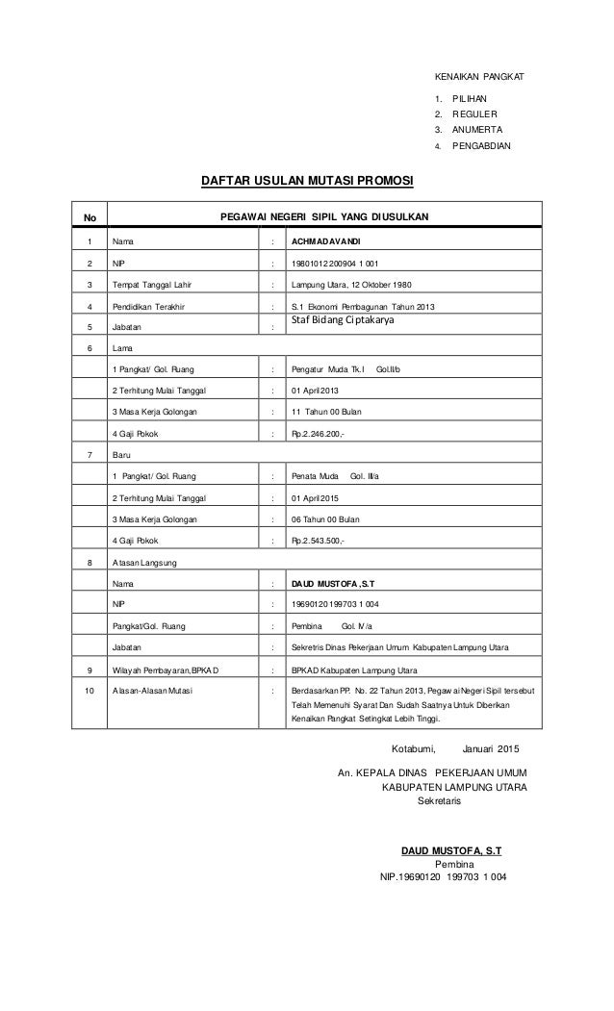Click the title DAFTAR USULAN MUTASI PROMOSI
pos(306,179)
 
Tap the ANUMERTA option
pos(477,129)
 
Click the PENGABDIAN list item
pos(481,146)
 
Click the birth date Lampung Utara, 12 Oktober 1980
pos(351,285)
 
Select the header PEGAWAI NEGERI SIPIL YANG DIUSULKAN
pos(325,217)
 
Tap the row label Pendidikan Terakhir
pos(150,307)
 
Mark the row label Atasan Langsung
pos(144,562)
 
